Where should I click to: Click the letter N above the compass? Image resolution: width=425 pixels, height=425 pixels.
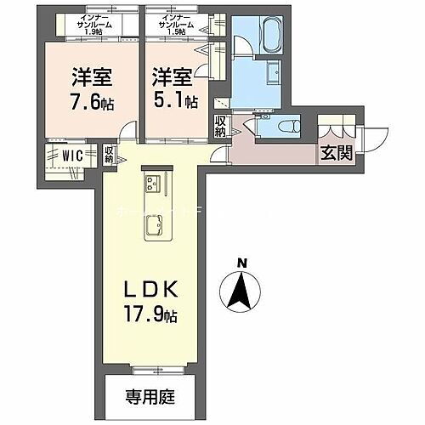pyautogui.click(x=241, y=263)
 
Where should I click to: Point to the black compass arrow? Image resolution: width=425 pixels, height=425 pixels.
pyautogui.click(x=241, y=293)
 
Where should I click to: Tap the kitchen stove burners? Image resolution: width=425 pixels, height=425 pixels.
pyautogui.click(x=154, y=183)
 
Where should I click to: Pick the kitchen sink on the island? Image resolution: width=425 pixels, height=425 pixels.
pyautogui.click(x=155, y=226)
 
